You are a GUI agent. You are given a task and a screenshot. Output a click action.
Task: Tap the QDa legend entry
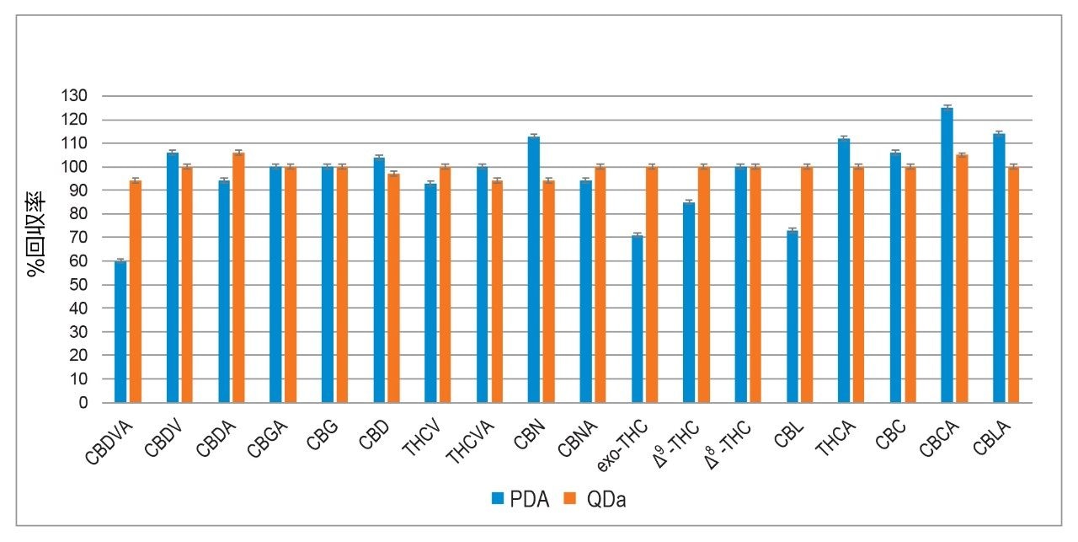click(600, 500)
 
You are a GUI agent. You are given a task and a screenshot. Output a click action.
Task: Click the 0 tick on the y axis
click(83, 403)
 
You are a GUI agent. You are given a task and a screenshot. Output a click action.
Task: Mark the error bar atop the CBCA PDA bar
click(947, 108)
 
